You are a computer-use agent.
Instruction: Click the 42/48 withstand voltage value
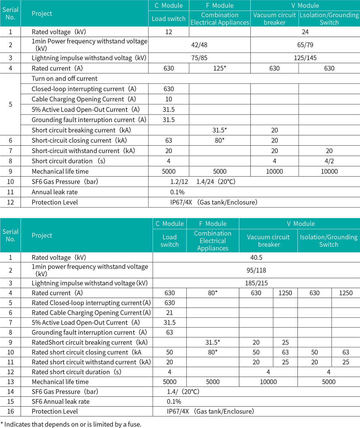click(x=199, y=45)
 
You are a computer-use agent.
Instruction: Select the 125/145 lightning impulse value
click(x=305, y=58)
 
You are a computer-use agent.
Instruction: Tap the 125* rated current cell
click(x=220, y=68)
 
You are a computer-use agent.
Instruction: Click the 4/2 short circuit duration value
click(x=329, y=161)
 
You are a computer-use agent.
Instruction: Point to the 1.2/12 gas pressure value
click(x=179, y=182)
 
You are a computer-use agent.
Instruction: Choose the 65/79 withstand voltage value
click(x=305, y=45)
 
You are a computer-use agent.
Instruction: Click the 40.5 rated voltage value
click(x=256, y=257)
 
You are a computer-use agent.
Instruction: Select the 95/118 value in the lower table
click(x=256, y=270)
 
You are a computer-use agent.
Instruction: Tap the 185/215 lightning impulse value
click(x=256, y=283)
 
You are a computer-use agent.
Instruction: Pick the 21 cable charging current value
click(x=169, y=313)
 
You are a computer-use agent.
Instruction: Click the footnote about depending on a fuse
click(x=71, y=424)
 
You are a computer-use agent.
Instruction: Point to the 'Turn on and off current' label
click(x=64, y=79)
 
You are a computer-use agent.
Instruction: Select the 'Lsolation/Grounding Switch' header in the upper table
click(x=329, y=19)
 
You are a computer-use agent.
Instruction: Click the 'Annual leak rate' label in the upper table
click(x=55, y=192)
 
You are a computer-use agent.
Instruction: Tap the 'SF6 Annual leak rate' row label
click(x=61, y=402)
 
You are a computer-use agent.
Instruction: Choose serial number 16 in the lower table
click(x=10, y=412)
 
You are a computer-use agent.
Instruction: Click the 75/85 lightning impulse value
click(x=199, y=58)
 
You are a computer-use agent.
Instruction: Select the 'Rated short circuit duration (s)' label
click(x=76, y=372)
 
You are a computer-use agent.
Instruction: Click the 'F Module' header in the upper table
click(x=220, y=6)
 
